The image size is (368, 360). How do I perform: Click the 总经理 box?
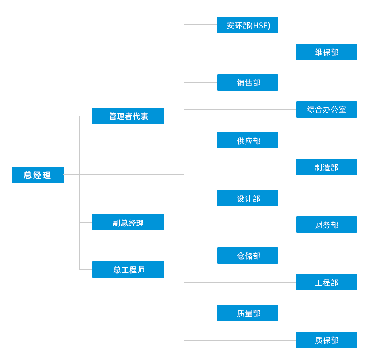point(38,175)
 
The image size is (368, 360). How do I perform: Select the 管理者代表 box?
point(128,116)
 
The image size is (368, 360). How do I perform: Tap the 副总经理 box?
point(128,222)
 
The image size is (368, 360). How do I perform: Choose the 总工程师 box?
point(128,270)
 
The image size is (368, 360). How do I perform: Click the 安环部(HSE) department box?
point(247,25)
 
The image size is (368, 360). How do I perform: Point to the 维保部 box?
point(326,52)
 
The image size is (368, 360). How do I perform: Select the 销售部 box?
point(247,83)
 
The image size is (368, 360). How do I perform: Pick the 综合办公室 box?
point(326,110)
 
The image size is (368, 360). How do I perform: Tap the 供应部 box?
point(247,140)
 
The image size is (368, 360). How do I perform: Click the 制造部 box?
point(326,167)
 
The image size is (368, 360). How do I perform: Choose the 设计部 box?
point(247,198)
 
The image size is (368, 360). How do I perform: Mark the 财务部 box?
point(326,225)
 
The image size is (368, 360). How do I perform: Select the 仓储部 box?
point(247,256)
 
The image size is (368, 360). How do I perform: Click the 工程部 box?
point(326,282)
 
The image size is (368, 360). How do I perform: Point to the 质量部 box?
point(247,313)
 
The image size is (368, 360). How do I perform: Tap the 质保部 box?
point(326,340)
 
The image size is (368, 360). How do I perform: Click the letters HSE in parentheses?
point(260,26)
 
